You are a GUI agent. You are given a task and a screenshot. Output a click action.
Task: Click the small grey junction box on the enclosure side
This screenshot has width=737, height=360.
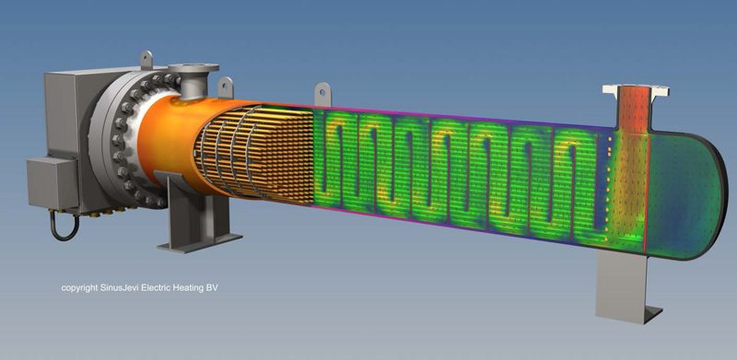pyautogui.click(x=52, y=182)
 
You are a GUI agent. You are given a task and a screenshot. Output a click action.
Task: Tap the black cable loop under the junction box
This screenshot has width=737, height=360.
pyautogui.click(x=64, y=226)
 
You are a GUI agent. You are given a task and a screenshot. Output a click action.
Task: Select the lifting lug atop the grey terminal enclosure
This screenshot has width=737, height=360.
pyautogui.click(x=146, y=59)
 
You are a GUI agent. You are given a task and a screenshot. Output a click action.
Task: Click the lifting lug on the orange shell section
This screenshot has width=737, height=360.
pyautogui.click(x=226, y=87)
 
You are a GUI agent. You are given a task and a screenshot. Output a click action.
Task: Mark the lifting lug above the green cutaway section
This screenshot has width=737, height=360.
pyautogui.click(x=323, y=94)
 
